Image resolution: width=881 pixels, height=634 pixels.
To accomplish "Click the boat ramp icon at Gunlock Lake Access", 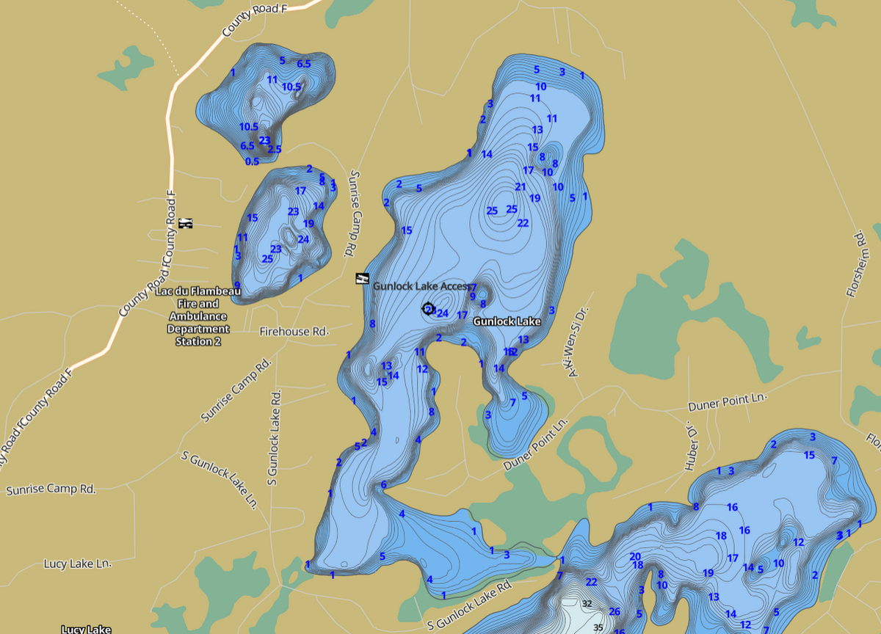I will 361,280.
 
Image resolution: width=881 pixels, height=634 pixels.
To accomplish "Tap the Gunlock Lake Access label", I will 420,286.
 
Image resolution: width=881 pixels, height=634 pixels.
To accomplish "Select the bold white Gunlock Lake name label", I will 507,321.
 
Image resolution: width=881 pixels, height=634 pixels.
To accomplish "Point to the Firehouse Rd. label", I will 294,332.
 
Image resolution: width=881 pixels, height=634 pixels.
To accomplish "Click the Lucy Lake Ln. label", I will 77,564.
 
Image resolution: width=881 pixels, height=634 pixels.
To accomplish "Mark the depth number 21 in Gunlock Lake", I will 521,187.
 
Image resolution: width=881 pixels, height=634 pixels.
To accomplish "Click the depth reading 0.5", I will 252,161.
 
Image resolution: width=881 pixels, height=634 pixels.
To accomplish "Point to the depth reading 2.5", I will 275,150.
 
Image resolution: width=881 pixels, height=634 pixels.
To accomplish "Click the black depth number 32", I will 587,603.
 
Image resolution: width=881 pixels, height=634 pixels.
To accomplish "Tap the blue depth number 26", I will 614,612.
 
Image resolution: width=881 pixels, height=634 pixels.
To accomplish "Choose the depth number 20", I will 635,556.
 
